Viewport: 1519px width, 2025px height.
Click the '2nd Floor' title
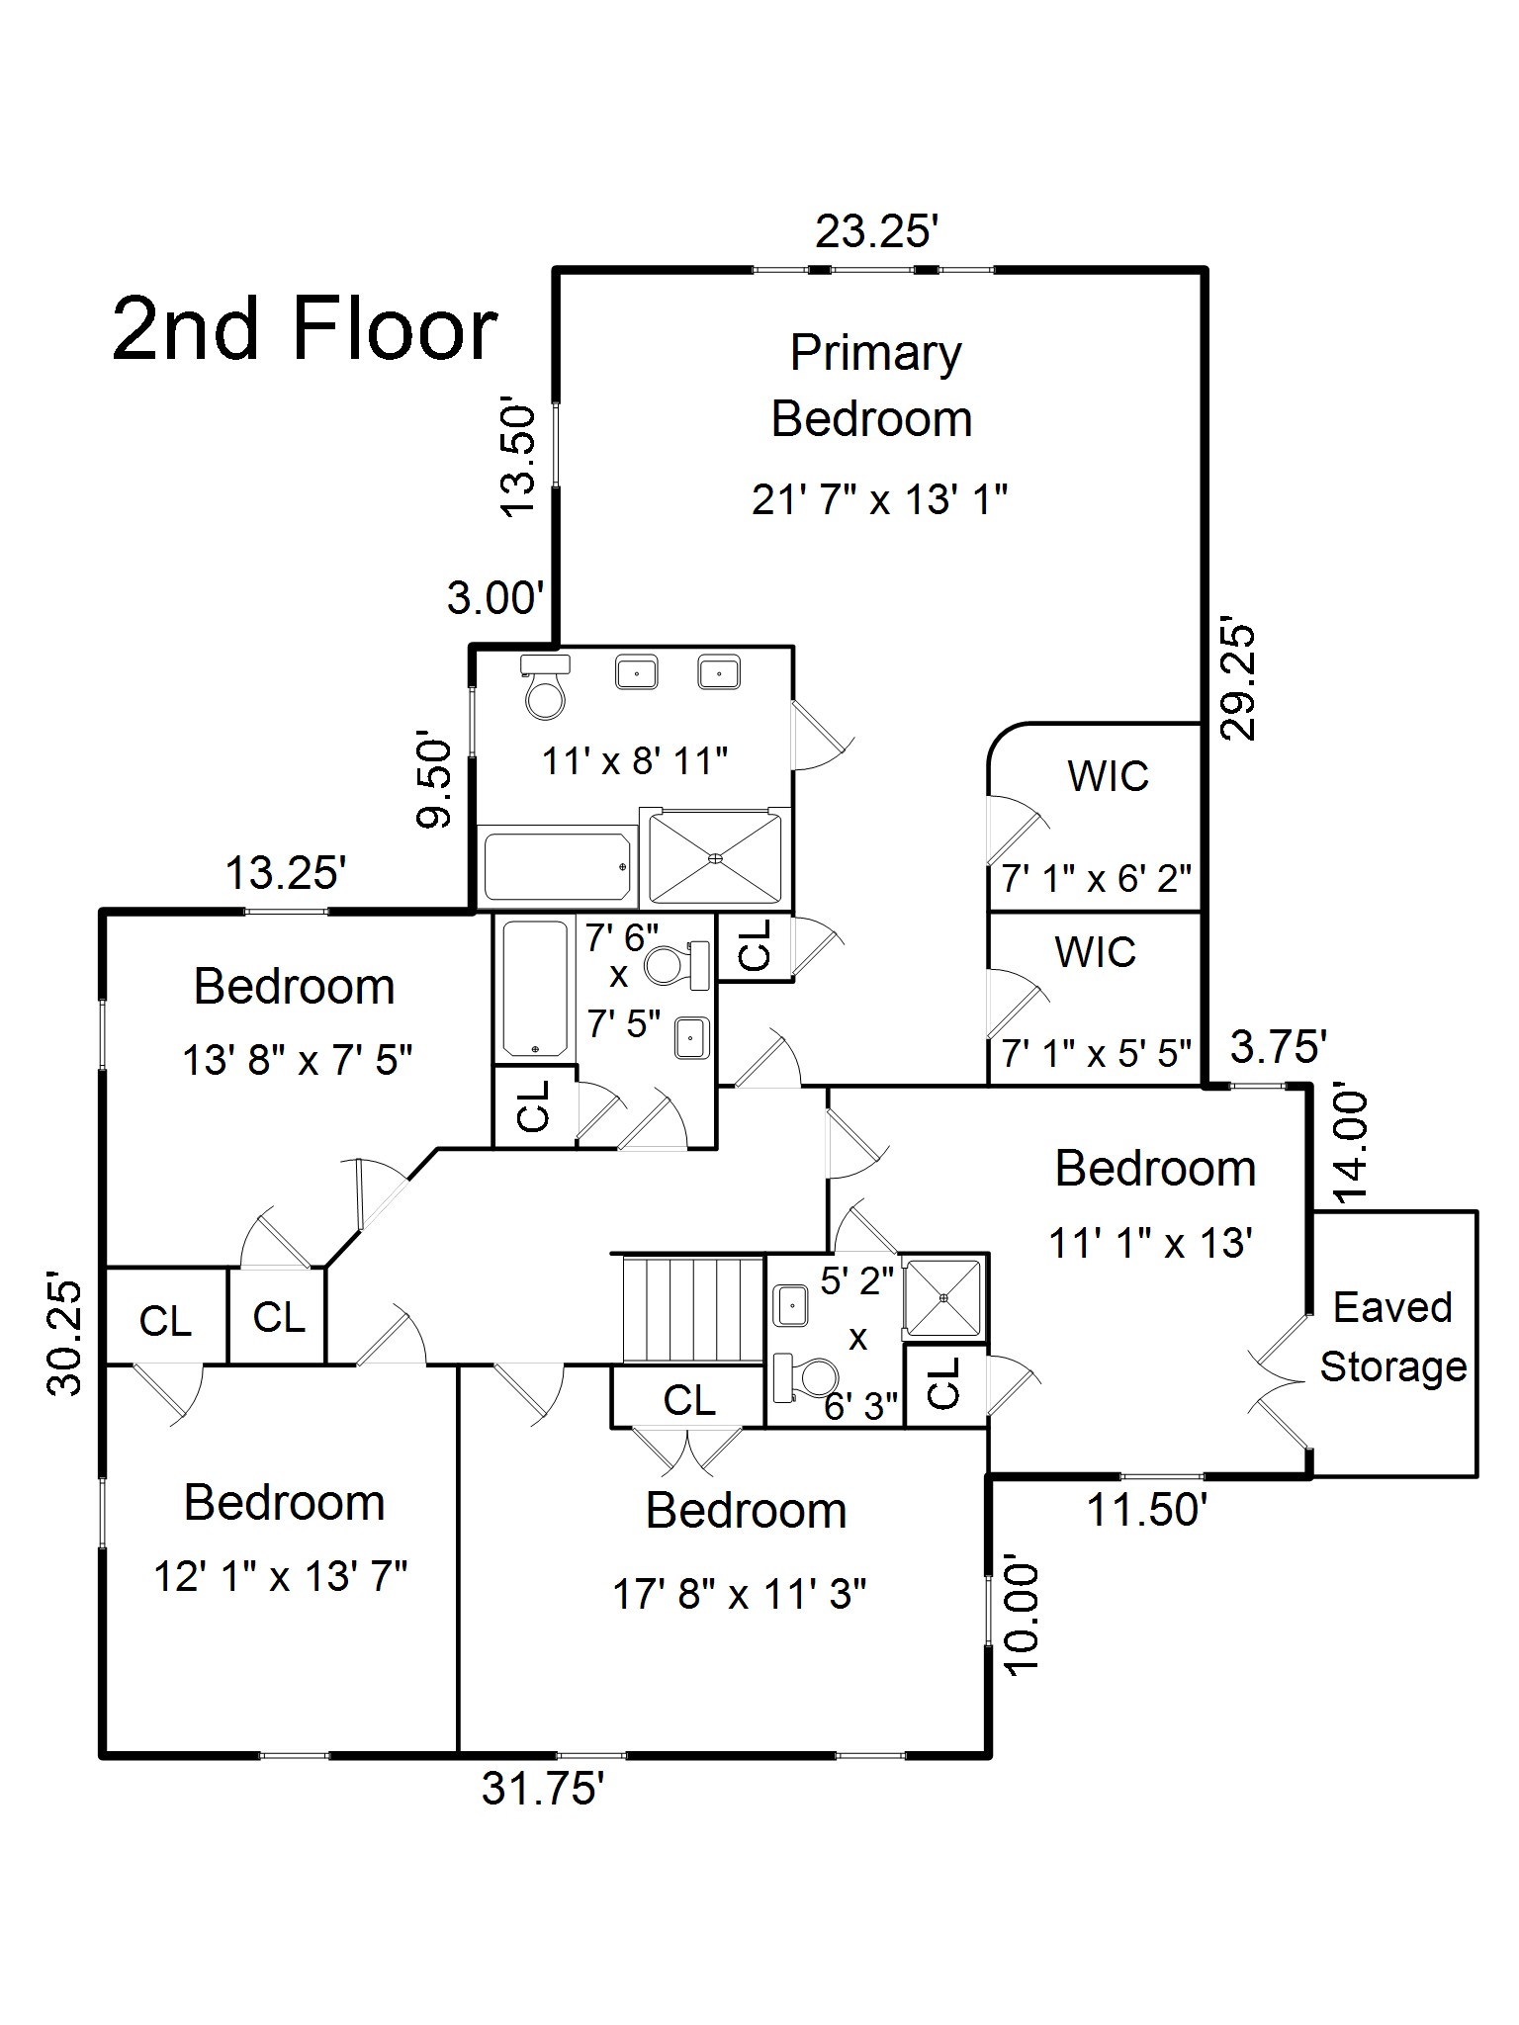[305, 329]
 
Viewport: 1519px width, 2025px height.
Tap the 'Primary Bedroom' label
[873, 386]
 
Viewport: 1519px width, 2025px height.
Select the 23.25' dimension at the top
[876, 233]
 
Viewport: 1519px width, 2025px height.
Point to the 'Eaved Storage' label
[1393, 1337]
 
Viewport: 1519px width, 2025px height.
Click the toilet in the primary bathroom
[545, 687]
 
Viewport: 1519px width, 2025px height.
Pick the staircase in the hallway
[692, 1310]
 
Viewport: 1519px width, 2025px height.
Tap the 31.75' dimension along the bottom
[543, 1789]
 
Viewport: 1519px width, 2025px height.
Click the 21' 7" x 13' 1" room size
[879, 500]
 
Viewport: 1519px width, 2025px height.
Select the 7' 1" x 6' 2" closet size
[1096, 878]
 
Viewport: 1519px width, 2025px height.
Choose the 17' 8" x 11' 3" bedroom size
[740, 1595]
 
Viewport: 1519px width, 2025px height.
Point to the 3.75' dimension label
[1278, 1046]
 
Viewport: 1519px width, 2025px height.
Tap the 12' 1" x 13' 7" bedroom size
[281, 1577]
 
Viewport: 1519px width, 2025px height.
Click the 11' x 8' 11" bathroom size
[635, 761]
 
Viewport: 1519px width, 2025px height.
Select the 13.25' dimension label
[286, 873]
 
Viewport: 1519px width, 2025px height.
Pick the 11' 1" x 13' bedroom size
[1151, 1243]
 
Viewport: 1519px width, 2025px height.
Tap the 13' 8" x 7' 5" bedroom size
[297, 1061]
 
